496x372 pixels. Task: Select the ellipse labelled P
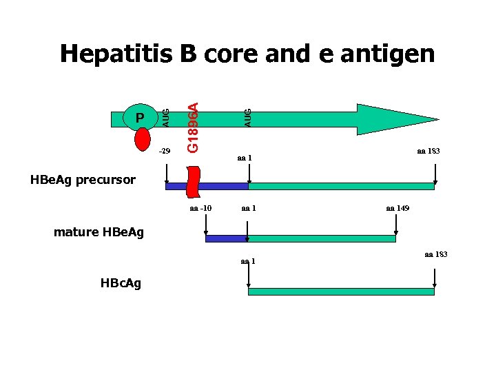pyautogui.click(x=140, y=118)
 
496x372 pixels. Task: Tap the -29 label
pyautogui.click(x=165, y=150)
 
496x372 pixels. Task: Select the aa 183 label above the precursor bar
pyautogui.click(x=428, y=150)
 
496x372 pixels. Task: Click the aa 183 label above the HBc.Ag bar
pyautogui.click(x=435, y=255)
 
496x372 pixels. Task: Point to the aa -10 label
pyautogui.click(x=201, y=208)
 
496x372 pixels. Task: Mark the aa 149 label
pyautogui.click(x=397, y=208)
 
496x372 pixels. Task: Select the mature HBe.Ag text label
pyautogui.click(x=99, y=232)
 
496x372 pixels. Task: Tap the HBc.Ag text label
pyautogui.click(x=121, y=283)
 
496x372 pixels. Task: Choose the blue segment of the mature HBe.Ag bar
pyautogui.click(x=225, y=238)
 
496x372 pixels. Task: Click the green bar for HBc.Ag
pyautogui.click(x=341, y=291)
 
